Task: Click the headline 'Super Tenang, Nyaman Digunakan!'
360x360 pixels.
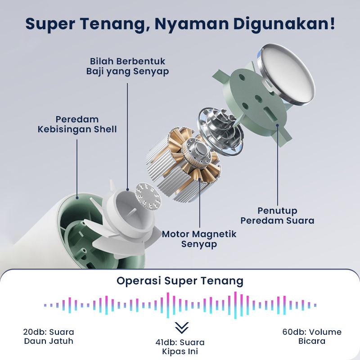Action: click(x=180, y=24)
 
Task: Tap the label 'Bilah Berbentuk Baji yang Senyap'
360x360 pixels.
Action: click(x=128, y=66)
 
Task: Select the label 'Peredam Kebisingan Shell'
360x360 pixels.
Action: click(x=77, y=124)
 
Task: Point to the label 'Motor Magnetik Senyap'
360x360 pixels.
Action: click(x=199, y=239)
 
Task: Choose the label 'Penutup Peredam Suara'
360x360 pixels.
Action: click(x=277, y=216)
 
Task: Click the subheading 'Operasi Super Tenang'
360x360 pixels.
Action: click(x=180, y=281)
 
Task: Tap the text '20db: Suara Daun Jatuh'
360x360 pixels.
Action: click(x=49, y=337)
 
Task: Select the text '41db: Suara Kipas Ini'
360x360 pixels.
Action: click(x=180, y=347)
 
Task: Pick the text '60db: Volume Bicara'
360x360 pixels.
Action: click(x=312, y=337)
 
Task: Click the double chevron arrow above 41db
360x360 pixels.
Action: click(x=181, y=327)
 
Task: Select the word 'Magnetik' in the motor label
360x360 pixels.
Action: click(x=214, y=234)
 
